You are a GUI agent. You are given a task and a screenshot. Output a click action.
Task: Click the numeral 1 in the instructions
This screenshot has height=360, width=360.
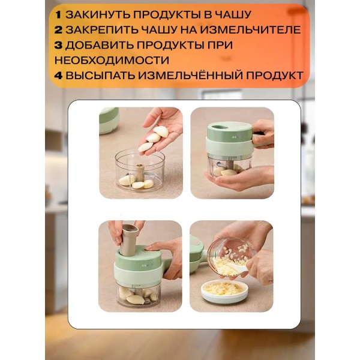[x=58, y=15]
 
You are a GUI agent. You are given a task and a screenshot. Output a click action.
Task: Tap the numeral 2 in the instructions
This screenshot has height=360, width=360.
[x=58, y=30]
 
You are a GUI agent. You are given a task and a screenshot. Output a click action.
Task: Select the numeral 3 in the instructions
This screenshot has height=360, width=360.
[x=58, y=45]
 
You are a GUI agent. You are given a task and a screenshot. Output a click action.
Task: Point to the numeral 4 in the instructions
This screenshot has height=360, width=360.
[x=58, y=76]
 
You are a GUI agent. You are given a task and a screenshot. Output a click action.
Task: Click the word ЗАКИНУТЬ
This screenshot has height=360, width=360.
[x=98, y=15]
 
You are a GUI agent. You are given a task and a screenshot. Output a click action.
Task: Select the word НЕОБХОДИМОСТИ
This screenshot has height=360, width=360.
[x=112, y=60]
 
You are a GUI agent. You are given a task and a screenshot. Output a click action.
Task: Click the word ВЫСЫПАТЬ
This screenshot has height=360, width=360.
[x=100, y=76]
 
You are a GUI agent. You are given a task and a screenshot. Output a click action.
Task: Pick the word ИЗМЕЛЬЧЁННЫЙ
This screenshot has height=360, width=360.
[x=195, y=75]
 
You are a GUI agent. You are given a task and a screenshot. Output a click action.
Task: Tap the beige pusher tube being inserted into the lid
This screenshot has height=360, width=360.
[x=129, y=240]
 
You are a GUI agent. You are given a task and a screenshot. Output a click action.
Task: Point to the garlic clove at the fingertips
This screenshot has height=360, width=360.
[x=145, y=147]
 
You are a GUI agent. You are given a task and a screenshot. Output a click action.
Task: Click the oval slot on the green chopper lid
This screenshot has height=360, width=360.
[x=220, y=127]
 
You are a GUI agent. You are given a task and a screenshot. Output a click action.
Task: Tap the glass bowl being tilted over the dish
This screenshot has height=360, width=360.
[x=231, y=257]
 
